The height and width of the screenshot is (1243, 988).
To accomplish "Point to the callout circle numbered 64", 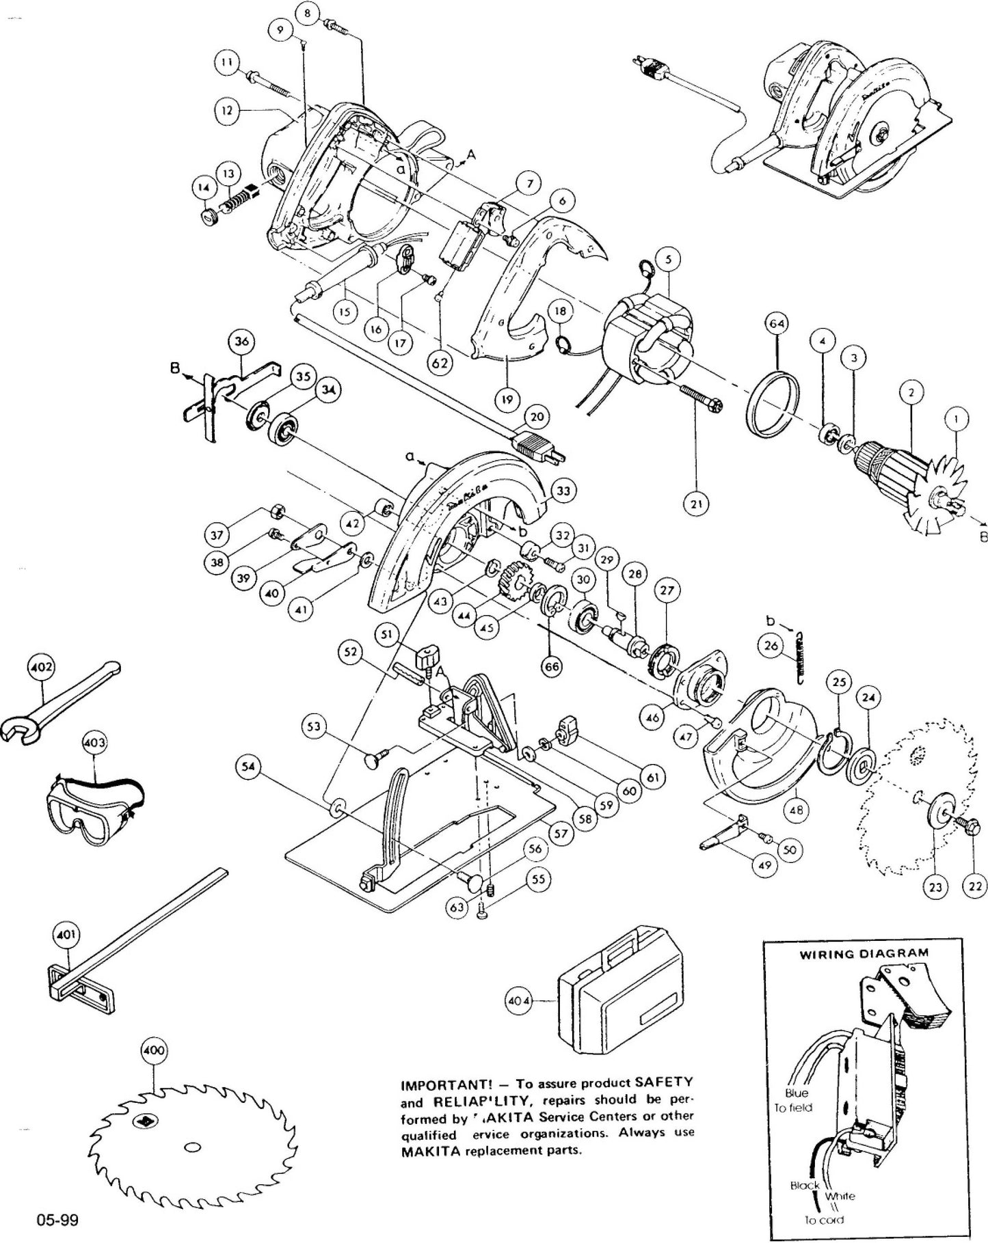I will (x=779, y=323).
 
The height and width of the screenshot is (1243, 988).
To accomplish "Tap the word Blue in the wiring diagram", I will (x=797, y=1093).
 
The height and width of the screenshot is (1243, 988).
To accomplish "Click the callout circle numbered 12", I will (x=227, y=109).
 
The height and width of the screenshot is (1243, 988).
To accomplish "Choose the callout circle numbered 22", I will (x=974, y=886).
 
